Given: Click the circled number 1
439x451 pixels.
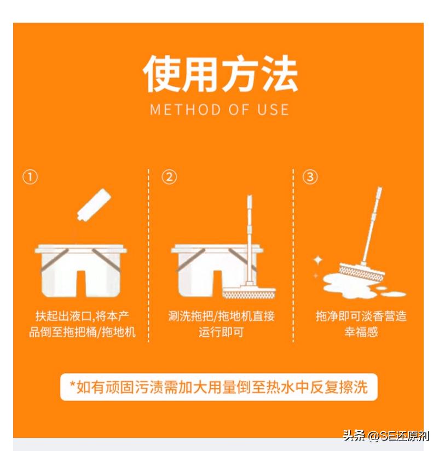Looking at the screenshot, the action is (30, 177).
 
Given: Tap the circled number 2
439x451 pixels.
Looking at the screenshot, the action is (169, 177).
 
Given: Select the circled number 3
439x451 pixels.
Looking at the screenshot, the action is (310, 177).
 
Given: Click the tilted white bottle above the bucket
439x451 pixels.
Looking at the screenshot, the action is (94, 205).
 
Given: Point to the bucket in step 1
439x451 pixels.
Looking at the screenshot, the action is (80, 271).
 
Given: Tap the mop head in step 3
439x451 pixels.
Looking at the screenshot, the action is (361, 272).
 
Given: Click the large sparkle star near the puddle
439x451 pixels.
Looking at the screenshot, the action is (318, 260).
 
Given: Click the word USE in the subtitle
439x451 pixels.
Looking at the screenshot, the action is (273, 109).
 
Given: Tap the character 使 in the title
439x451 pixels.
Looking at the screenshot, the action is (161, 74).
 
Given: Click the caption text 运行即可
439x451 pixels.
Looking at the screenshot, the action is (221, 332).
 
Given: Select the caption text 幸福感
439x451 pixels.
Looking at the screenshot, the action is (361, 332).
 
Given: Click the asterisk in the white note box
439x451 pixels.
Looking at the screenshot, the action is (72, 384).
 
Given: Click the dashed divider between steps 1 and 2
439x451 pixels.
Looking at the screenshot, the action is (149, 255).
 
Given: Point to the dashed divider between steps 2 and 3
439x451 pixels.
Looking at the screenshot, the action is (293, 255).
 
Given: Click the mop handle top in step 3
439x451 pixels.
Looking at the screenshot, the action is (379, 190).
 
